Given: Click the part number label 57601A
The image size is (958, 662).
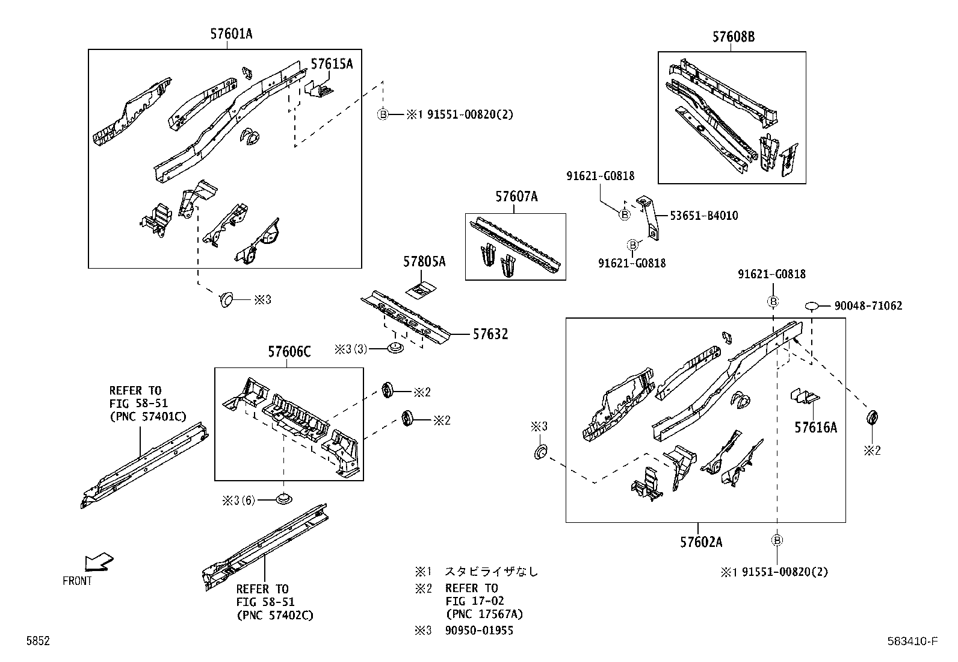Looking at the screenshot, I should pyautogui.click(x=231, y=34).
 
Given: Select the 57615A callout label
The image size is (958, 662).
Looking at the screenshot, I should pyautogui.click(x=332, y=64).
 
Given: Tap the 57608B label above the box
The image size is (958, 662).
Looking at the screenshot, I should pyautogui.click(x=733, y=37).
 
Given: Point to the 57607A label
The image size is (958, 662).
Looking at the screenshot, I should pyautogui.click(x=516, y=196).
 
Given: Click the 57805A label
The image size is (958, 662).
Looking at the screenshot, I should pyautogui.click(x=424, y=261).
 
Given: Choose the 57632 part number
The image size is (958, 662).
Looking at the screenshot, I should pyautogui.click(x=490, y=334).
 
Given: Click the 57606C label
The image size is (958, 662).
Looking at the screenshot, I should pyautogui.click(x=289, y=352).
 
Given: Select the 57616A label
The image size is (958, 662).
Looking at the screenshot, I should pyautogui.click(x=815, y=428).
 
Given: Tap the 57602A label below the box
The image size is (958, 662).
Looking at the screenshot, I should pyautogui.click(x=701, y=542).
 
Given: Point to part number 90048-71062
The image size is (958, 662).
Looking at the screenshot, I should pyautogui.click(x=868, y=306).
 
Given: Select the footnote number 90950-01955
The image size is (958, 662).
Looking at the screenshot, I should pyautogui.click(x=479, y=631).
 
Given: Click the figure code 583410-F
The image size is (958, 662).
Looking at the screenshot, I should pyautogui.click(x=912, y=642).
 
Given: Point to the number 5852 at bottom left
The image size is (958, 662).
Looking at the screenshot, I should pyautogui.click(x=37, y=642).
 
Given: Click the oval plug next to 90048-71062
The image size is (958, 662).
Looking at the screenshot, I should pyautogui.click(x=812, y=307).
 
